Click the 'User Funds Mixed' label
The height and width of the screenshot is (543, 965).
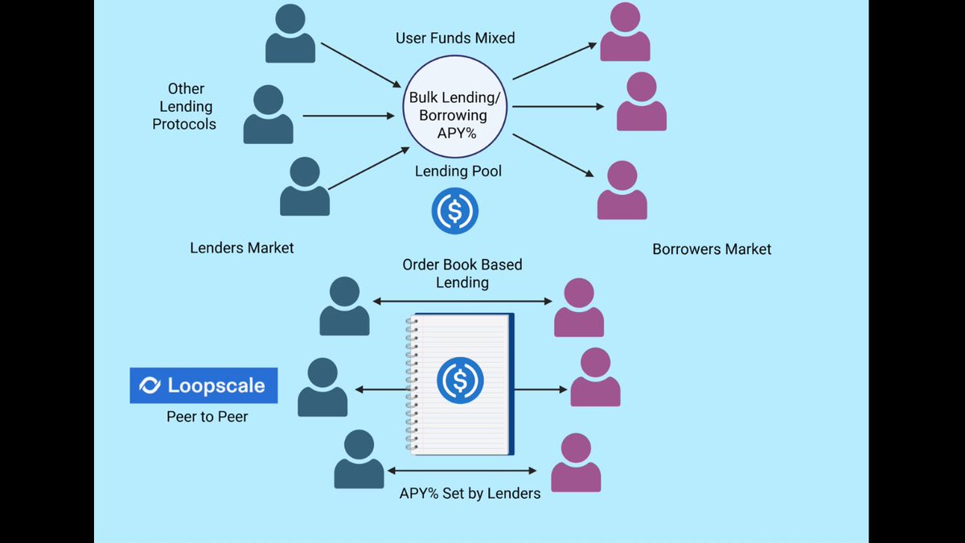(455, 38)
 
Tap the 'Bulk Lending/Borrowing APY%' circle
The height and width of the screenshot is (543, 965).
(455, 106)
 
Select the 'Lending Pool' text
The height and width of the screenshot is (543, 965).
(458, 171)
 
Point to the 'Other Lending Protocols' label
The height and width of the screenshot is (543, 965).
(184, 106)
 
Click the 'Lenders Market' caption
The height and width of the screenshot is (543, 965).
(242, 248)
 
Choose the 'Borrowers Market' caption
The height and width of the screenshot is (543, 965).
(712, 249)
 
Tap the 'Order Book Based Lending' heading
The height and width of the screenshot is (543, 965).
(462, 274)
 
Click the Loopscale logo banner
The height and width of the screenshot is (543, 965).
(203, 385)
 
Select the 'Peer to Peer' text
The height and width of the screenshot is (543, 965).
(207, 417)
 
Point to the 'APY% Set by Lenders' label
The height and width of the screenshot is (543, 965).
(470, 493)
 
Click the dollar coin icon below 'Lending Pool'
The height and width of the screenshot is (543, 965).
(455, 211)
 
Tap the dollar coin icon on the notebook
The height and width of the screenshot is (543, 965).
(460, 381)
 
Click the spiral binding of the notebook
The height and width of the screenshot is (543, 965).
(412, 384)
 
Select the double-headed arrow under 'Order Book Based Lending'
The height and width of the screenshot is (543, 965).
(462, 301)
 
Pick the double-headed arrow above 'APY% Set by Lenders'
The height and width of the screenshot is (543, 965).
(462, 471)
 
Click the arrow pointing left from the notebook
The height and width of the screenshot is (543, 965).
(381, 389)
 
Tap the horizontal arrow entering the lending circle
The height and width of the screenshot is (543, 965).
(348, 116)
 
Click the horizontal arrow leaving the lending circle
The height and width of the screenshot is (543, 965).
(558, 106)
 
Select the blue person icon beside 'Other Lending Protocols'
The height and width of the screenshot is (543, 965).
(269, 114)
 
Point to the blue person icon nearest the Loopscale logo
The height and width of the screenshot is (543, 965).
(322, 387)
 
